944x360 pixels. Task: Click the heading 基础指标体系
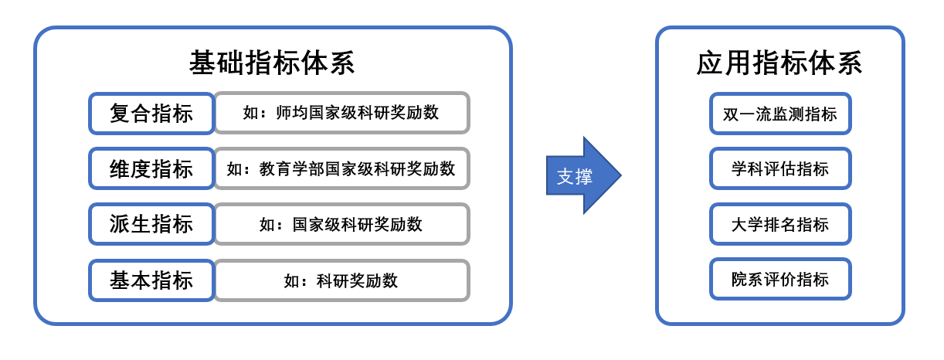point(272,63)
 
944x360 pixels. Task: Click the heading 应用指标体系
point(779,63)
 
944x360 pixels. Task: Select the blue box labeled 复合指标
point(151,114)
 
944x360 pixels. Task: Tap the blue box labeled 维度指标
point(151,168)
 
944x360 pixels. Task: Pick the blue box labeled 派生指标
point(151,224)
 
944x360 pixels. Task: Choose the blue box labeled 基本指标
point(151,280)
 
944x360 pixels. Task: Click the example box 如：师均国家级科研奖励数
point(341,113)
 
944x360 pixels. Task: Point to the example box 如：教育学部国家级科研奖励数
point(341,168)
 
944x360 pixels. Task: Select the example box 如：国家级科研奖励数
point(341,224)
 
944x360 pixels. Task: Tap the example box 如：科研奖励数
point(341,280)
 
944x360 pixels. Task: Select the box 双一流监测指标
point(779,114)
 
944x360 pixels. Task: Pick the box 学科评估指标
point(779,168)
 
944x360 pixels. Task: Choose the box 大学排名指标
point(779,224)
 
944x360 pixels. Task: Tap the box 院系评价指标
point(779,279)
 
